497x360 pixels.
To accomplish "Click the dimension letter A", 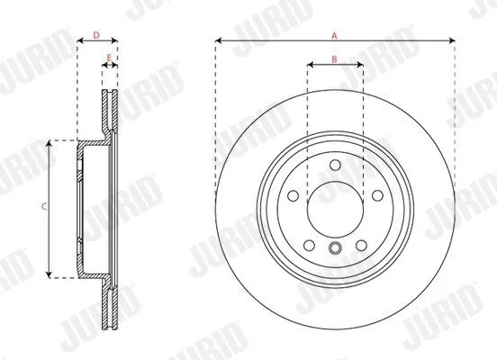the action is (334, 36).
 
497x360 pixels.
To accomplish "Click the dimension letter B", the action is (334, 59).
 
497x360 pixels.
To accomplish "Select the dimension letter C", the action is (44, 207).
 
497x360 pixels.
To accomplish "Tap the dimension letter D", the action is (96, 35).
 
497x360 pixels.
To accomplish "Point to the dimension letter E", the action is (109, 58).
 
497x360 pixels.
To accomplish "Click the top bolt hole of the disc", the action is (335, 165).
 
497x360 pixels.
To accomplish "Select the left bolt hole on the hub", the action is (294, 195).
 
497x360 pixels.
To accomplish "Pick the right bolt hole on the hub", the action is (377, 195).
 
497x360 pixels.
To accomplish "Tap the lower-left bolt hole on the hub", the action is (309, 245).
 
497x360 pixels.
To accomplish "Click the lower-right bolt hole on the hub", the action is (361, 245).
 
